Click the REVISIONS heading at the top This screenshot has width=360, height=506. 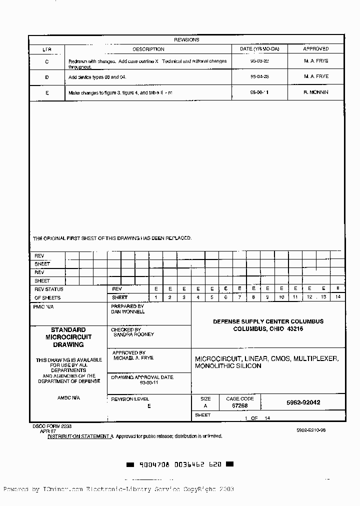186,39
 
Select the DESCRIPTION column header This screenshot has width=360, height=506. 148,49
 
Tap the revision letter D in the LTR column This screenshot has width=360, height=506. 47,77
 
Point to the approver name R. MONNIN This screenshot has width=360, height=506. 316,92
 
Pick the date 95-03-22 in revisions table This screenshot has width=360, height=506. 259,61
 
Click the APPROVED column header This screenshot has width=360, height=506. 316,49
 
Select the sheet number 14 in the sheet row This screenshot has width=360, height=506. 337,297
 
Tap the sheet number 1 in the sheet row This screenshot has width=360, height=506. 156,297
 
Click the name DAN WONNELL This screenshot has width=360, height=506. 128,311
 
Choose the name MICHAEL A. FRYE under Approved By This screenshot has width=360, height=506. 133,358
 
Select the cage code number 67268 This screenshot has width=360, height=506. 240,406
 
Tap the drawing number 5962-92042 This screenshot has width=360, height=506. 303,402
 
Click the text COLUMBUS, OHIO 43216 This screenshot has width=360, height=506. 268,329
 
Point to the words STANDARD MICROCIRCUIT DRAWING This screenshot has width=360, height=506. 68,337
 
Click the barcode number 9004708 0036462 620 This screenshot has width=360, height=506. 179,464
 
